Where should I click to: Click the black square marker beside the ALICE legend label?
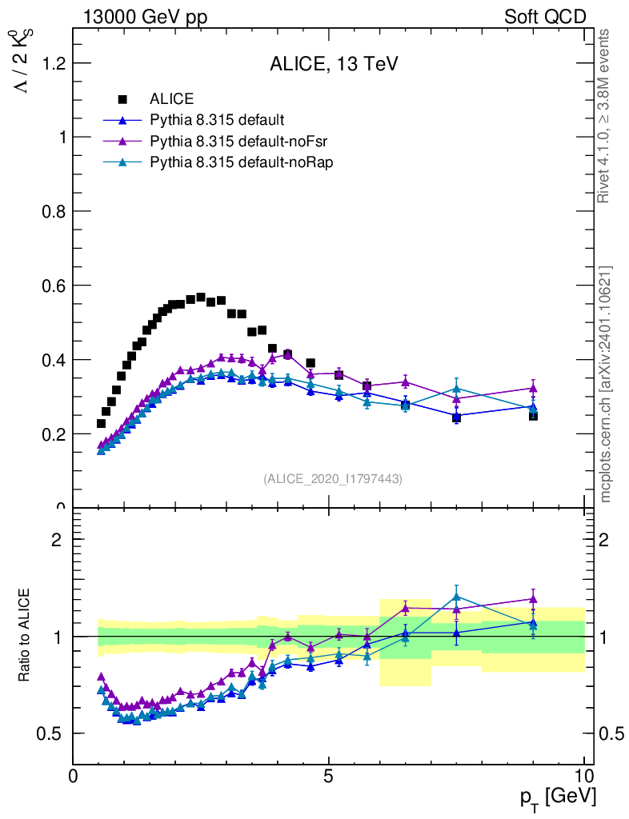click(122, 99)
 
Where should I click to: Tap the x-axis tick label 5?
click(328, 777)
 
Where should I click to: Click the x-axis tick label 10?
click(583, 777)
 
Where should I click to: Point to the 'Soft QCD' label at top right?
click(545, 17)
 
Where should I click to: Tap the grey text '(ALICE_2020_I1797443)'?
click(333, 479)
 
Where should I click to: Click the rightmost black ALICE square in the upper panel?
click(533, 414)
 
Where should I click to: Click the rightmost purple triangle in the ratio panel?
click(533, 599)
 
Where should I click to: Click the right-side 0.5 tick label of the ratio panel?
click(611, 733)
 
